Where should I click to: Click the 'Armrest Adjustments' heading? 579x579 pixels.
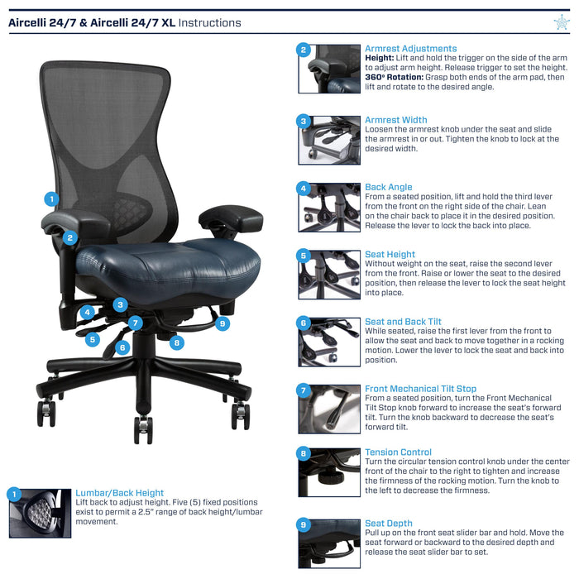click(x=410, y=48)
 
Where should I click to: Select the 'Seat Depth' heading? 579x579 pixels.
click(x=389, y=524)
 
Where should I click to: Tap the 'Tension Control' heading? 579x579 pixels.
click(x=398, y=452)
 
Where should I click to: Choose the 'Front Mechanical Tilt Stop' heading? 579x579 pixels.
click(x=420, y=389)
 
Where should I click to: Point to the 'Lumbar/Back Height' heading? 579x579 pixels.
click(x=119, y=493)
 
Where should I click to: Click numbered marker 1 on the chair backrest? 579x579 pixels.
click(x=51, y=199)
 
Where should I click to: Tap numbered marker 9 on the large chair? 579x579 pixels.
click(x=223, y=323)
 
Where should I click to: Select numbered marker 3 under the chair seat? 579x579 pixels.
click(x=120, y=304)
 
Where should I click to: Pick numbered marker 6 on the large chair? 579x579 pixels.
click(x=122, y=347)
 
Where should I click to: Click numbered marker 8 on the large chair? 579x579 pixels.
click(x=177, y=342)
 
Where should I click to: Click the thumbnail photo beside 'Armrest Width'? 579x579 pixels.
click(x=329, y=141)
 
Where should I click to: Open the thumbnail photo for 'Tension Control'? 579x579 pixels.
click(x=329, y=472)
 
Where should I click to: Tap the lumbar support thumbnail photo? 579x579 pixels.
click(x=41, y=514)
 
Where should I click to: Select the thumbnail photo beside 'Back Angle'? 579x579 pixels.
click(x=329, y=208)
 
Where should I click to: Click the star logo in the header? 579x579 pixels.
click(x=562, y=22)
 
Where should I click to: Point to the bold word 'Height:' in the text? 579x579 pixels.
click(x=379, y=58)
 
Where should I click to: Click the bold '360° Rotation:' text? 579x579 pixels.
click(x=394, y=77)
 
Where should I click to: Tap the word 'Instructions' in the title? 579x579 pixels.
click(x=209, y=23)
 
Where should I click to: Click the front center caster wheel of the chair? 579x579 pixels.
click(x=143, y=430)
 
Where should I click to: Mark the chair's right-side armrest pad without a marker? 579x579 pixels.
click(x=231, y=218)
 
